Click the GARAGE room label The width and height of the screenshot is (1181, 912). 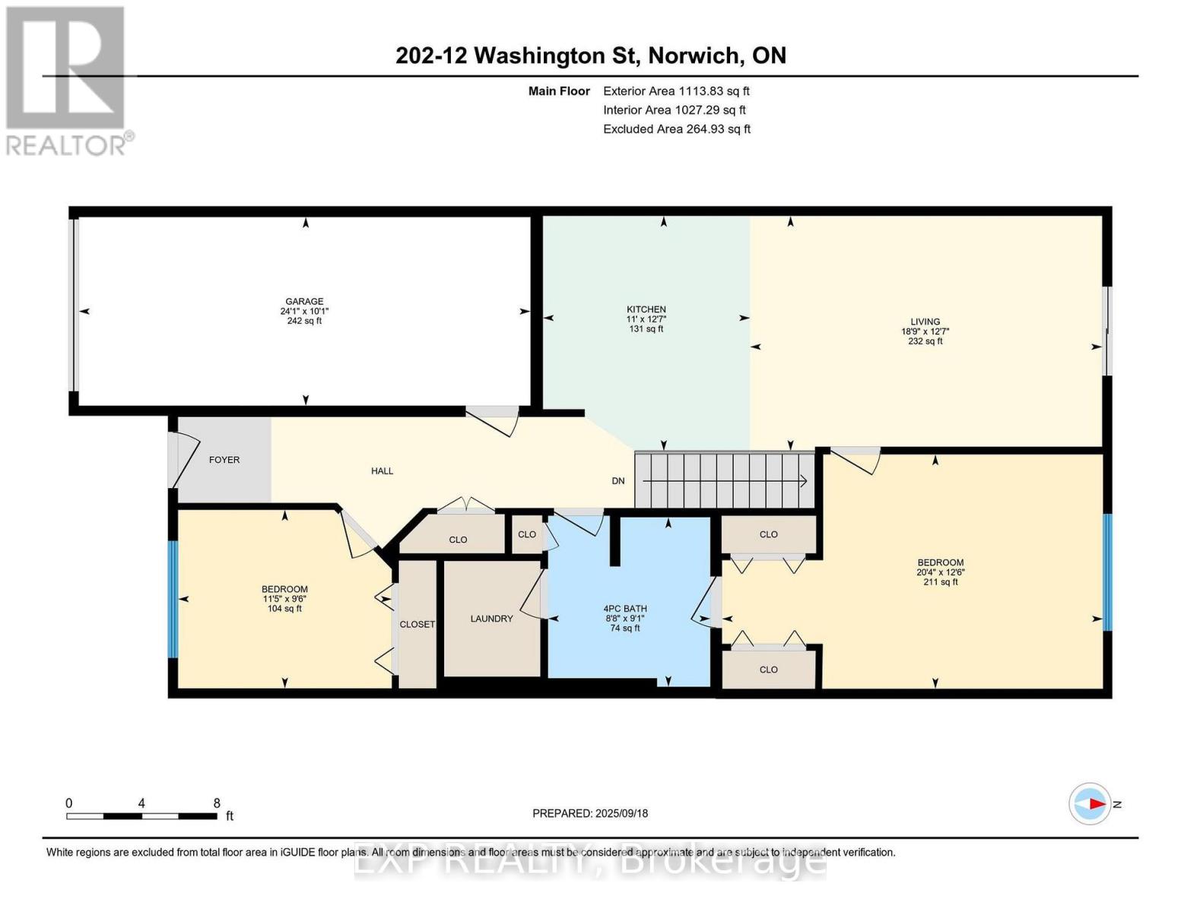coord(304,301)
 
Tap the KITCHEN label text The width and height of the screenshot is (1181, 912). coord(646,309)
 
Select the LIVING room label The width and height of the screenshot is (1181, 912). coord(925,321)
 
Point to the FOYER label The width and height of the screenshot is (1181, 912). coord(224,460)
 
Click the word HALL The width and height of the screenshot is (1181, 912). coord(382,471)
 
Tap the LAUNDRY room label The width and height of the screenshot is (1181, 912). coord(491,619)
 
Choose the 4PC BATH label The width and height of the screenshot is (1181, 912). coord(625,609)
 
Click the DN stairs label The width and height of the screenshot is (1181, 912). coord(618,481)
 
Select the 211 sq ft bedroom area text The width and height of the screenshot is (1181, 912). coord(940,581)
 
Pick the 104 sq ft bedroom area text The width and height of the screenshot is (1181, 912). coord(284,608)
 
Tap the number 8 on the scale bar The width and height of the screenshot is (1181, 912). coord(216,803)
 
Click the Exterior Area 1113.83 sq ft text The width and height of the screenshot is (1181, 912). coord(676,91)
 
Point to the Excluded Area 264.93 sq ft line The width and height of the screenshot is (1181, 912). coord(677,129)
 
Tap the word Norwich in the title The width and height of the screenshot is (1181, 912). coord(694,55)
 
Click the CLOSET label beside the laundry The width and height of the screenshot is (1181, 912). coord(417,625)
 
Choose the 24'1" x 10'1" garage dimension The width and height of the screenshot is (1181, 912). coord(304,312)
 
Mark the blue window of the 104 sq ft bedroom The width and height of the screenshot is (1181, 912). coord(173,599)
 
